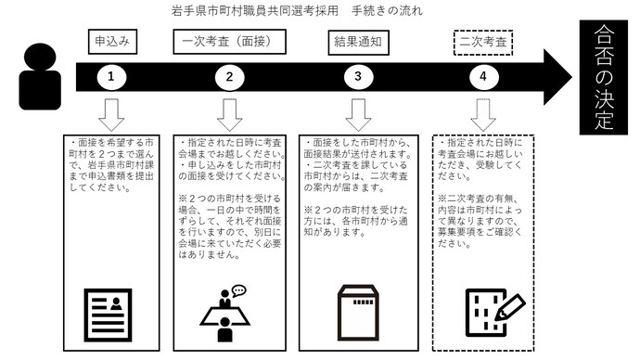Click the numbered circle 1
coord(111,78)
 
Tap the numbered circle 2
coord(229,78)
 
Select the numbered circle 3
coord(357,78)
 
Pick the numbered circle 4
coord(483,78)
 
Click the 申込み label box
coord(111,42)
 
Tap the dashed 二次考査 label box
coord(483,42)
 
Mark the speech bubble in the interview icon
coord(238,290)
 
